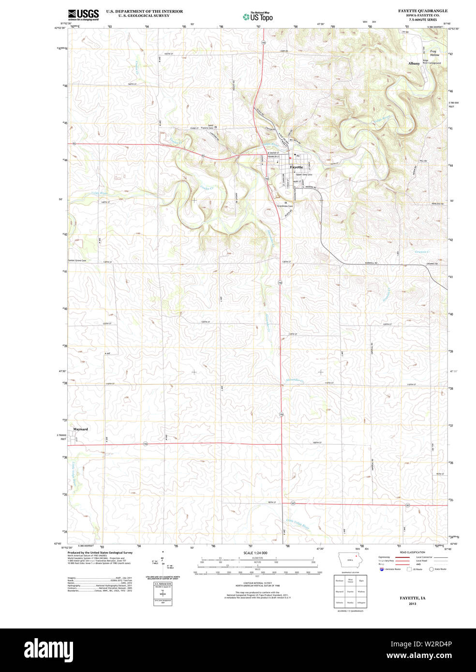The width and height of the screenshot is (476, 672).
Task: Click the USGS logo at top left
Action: tap(83, 15)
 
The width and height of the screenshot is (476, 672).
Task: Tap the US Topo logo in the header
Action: tap(258, 16)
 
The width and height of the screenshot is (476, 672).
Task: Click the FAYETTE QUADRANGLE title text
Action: tap(422, 11)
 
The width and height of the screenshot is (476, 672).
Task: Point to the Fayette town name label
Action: tap(296, 167)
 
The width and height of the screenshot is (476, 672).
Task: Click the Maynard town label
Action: tap(80, 429)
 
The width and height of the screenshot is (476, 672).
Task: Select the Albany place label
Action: tap(414, 63)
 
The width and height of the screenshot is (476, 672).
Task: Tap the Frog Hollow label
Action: tap(434, 53)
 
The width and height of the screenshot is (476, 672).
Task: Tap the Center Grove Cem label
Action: tap(77, 261)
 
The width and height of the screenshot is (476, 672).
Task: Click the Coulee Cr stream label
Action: tap(207, 188)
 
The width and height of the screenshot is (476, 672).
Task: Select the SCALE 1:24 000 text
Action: tap(255, 553)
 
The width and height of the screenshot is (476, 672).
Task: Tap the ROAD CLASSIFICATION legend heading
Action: tap(412, 552)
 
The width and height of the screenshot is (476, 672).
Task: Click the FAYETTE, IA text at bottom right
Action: tap(412, 598)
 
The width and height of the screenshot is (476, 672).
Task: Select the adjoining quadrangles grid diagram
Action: tap(350, 591)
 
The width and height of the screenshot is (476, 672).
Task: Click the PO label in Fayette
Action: tap(298, 156)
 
